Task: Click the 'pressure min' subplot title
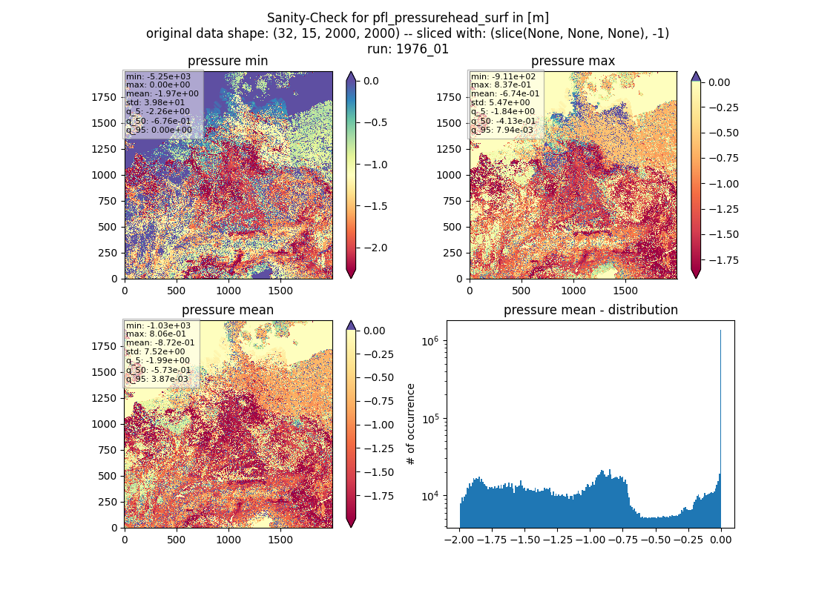pos(228,61)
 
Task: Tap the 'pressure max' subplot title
pos(573,61)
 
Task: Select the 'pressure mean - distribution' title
pos(590,310)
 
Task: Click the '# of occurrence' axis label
pos(411,425)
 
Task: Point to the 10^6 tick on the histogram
pos(430,341)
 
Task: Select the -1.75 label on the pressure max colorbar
pos(720,260)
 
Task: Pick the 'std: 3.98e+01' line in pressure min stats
pos(155,102)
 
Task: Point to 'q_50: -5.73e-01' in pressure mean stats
pos(158,370)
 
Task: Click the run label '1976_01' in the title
pos(422,49)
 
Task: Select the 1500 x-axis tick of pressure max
pos(625,291)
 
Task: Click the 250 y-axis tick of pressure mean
pos(110,502)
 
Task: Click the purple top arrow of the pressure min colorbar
pos(352,76)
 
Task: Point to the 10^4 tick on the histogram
pos(430,496)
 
